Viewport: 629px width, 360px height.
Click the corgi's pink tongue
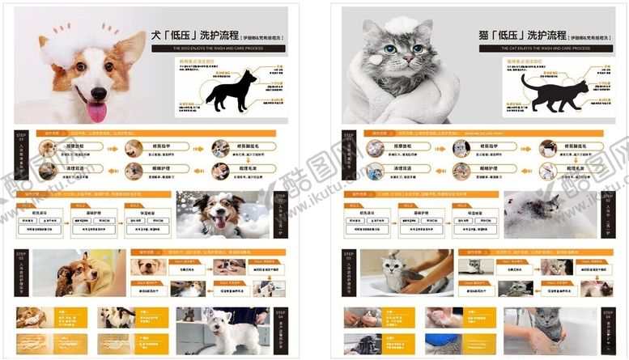96,108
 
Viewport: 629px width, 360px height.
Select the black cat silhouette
554,93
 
